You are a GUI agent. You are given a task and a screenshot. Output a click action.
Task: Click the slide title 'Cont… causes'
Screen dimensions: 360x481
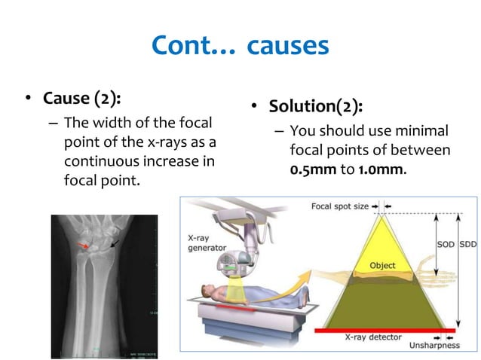tap(240, 46)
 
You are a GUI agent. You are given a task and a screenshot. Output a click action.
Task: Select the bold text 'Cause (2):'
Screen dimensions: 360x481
tap(82, 98)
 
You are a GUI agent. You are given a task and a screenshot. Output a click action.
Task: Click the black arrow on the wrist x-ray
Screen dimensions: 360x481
tap(114, 243)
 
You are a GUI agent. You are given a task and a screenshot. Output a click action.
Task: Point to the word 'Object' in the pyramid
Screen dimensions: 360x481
tap(382, 266)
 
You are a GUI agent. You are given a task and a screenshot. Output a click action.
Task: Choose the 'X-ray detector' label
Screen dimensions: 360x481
tap(372, 340)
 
